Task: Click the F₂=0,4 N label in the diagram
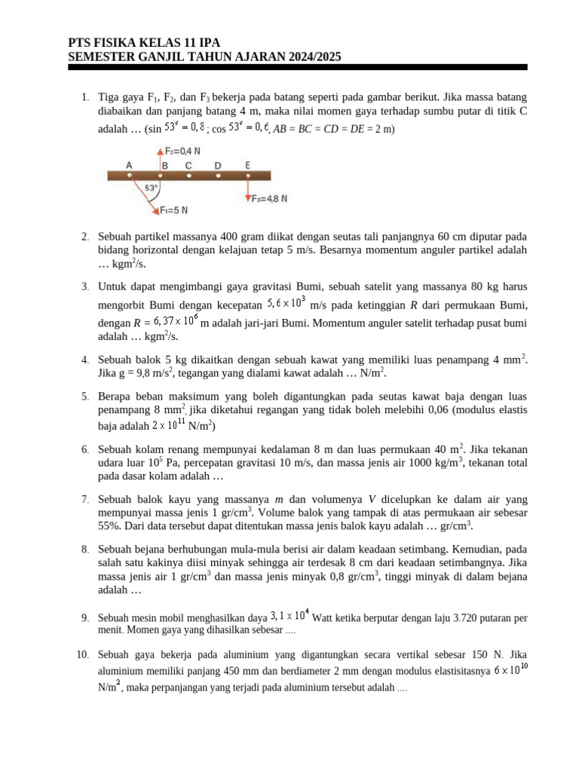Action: [x=183, y=150]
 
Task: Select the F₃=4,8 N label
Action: [x=270, y=199]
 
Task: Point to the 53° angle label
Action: [x=151, y=188]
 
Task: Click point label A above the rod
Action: [x=130, y=165]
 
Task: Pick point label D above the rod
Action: [x=218, y=165]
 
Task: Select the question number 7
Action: [x=85, y=499]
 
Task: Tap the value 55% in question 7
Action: [x=110, y=525]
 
